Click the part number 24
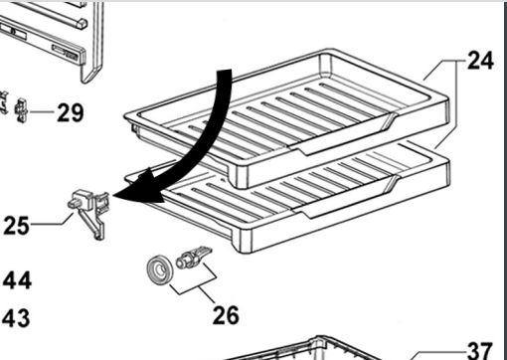tap(480, 61)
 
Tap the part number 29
tap(71, 112)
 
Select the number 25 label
tap(16, 226)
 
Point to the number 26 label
tap(226, 315)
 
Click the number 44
tap(17, 280)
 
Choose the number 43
tap(16, 318)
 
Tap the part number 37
tap(480, 351)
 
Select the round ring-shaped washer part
tap(160, 270)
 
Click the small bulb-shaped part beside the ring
tap(193, 257)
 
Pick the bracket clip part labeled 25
tap(88, 213)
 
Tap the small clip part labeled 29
tap(22, 110)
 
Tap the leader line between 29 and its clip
tap(42, 111)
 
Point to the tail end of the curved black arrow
tap(224, 71)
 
